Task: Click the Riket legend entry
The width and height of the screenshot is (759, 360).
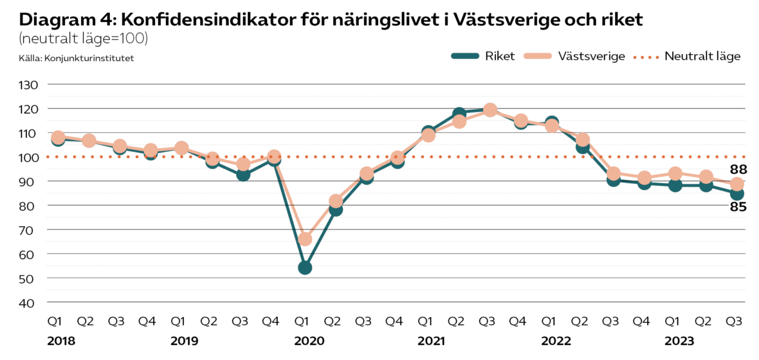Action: point(482,56)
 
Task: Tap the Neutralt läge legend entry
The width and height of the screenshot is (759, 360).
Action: point(689,56)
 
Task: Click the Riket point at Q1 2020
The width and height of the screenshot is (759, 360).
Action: point(305,267)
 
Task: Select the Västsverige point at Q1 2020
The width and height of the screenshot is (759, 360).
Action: point(305,239)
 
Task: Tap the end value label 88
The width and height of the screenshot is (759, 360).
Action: point(737,170)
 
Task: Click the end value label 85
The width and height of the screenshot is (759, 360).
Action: point(737,207)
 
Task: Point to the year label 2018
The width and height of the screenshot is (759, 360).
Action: point(61,340)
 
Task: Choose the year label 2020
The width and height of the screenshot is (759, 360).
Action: point(308,340)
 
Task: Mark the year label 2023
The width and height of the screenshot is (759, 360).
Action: point(679,340)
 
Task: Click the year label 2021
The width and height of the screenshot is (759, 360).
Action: point(432,340)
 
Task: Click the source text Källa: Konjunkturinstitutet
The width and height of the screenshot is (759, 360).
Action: point(77,59)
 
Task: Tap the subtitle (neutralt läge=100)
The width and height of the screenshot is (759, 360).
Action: point(84,39)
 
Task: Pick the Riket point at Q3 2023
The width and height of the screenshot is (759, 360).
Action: point(736,194)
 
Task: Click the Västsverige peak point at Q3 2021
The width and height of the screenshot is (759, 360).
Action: point(490,111)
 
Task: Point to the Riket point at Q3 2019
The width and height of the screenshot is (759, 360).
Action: point(243,174)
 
